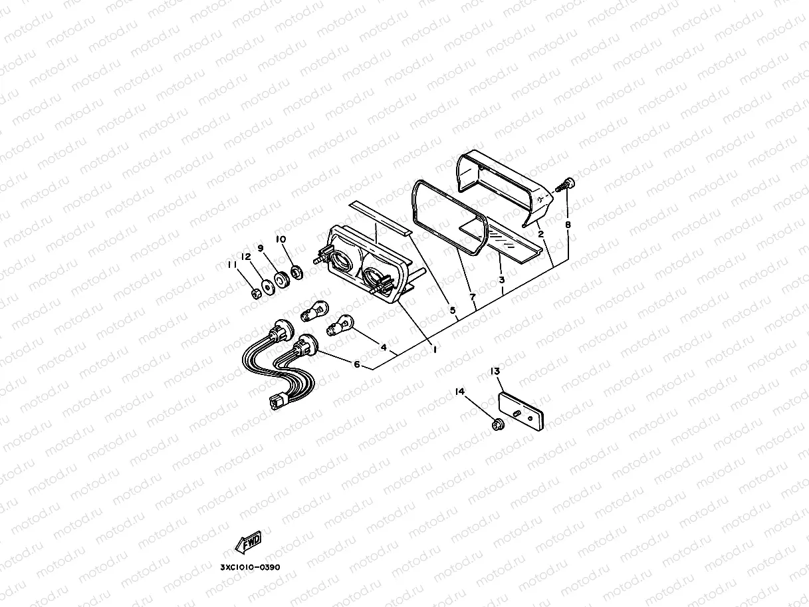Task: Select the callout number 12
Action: tap(246, 257)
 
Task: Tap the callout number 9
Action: tap(261, 248)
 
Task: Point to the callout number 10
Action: tap(281, 239)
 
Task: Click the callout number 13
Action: tap(495, 371)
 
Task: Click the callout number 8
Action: tap(568, 225)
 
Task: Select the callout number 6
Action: tap(357, 364)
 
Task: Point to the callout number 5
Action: tap(453, 310)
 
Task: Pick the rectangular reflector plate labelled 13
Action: tap(522, 413)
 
